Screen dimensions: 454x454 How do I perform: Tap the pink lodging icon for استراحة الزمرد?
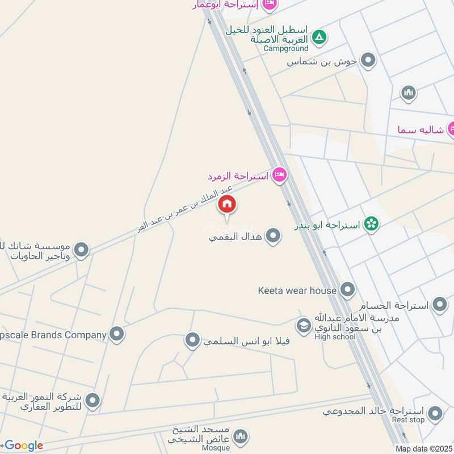pos(279,175)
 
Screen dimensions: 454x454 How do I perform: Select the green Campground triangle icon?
pos(320,37)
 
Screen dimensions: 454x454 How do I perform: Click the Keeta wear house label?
pos(297,291)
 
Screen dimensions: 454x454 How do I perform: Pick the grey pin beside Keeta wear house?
pos(347,291)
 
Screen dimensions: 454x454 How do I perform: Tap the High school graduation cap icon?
pos(304,326)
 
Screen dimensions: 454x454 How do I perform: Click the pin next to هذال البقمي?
pos(274,236)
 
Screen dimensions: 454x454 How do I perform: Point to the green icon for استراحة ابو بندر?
pos(372,225)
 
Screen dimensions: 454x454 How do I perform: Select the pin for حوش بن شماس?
pos(369,60)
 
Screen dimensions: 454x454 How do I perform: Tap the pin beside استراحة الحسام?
pos(440,305)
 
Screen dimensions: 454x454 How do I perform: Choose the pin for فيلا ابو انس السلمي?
pos(193,340)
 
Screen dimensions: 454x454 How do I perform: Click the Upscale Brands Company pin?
pos(117,334)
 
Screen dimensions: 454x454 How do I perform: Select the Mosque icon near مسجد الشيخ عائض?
pos(241,436)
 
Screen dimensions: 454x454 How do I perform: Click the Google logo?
pos(24,446)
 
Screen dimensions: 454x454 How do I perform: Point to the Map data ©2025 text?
pos(424,449)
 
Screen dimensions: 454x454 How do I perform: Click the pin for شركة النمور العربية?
pos(92,401)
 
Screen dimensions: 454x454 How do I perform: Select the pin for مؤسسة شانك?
pos(82,249)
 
